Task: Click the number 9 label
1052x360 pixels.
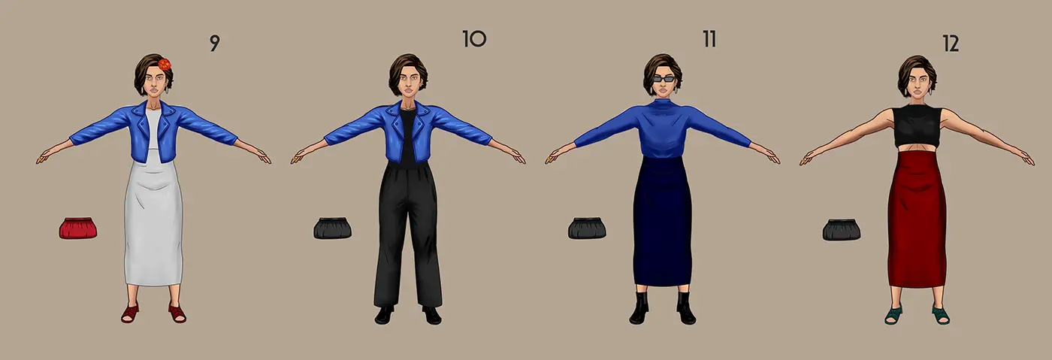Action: tap(214, 44)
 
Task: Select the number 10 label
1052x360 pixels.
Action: tap(474, 39)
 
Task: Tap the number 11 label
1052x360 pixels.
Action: tap(709, 40)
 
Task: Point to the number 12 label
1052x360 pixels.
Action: tap(951, 44)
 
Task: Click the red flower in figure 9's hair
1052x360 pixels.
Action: tap(165, 65)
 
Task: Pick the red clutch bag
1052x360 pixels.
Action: tap(78, 228)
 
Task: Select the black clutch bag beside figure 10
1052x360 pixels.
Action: tap(332, 228)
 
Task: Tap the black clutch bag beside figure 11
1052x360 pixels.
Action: tap(587, 228)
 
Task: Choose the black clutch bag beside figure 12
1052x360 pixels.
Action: tap(842, 229)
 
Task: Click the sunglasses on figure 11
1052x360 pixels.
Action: tap(663, 79)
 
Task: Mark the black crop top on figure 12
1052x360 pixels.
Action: tap(917, 126)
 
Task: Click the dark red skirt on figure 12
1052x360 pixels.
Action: tap(917, 219)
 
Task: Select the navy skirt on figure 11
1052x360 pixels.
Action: tap(663, 220)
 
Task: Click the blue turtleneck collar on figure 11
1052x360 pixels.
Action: tap(663, 104)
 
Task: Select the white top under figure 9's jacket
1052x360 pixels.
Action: tap(153, 130)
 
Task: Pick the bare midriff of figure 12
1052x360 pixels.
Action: tap(917, 150)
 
